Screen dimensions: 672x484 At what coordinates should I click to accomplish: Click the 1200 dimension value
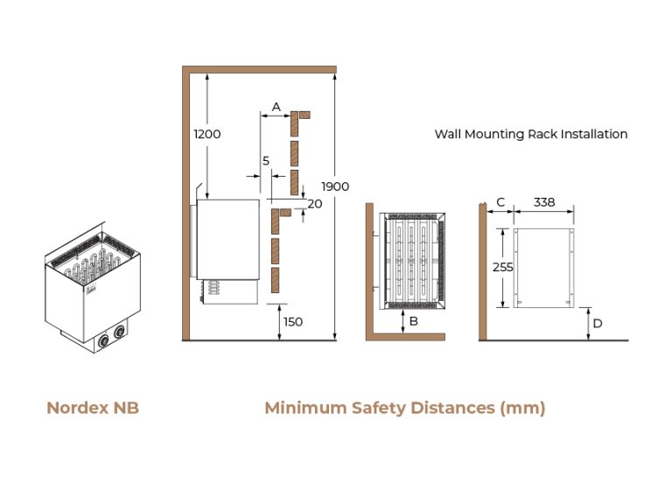207,134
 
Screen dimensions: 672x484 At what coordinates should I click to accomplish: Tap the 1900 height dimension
335,186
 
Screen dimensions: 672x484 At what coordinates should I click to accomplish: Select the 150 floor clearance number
293,322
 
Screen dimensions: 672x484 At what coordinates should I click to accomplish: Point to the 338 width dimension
544,202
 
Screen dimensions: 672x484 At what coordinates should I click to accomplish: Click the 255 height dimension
503,267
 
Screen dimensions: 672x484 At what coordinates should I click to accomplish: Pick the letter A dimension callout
276,107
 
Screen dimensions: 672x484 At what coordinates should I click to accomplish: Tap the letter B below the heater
414,321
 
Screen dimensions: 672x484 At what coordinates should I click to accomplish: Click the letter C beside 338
500,202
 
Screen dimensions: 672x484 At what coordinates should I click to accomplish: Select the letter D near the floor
598,323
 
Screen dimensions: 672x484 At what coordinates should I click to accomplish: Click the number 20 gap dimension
315,204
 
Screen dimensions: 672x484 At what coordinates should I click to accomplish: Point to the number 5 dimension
266,161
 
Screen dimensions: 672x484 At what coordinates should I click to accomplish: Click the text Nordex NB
93,408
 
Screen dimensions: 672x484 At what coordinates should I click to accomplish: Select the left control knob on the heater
103,340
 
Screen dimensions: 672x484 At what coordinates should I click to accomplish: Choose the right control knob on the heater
119,332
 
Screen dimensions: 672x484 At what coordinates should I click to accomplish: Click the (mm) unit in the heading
522,408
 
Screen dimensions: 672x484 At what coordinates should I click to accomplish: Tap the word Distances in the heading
452,408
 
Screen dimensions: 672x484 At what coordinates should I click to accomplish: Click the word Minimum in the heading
305,408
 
